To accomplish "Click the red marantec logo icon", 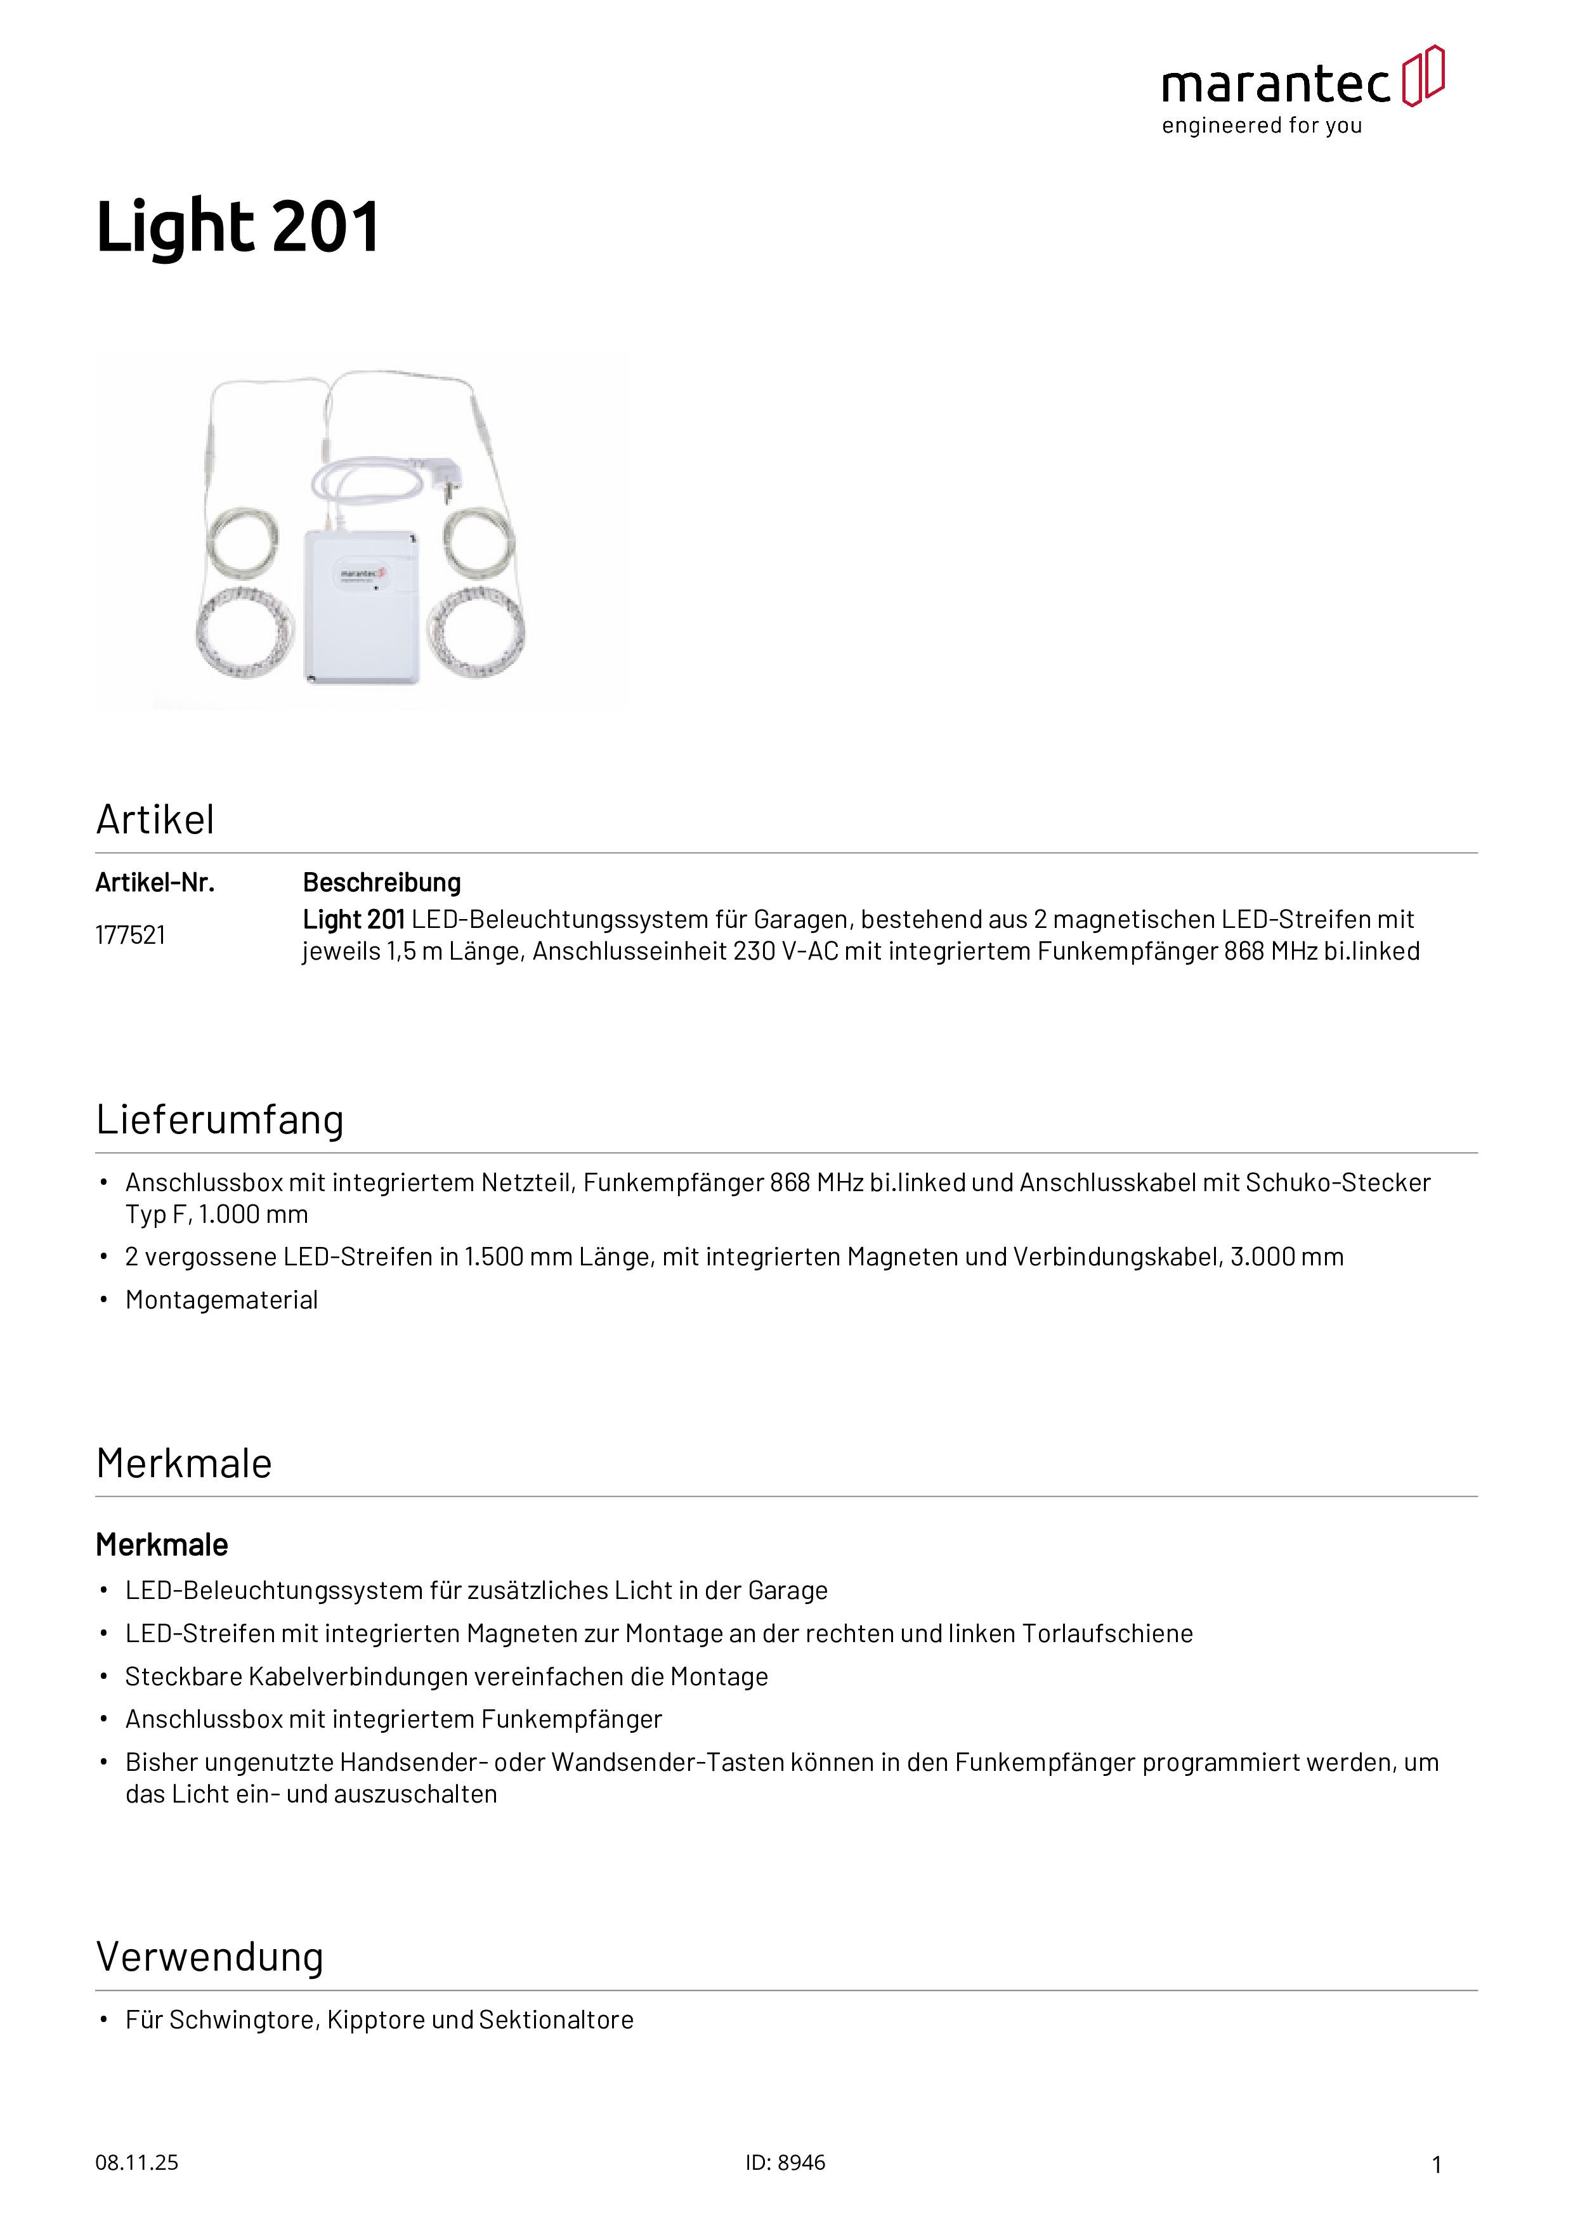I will pos(1423,75).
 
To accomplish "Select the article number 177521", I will pos(130,935).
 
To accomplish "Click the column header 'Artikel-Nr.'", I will pos(155,883).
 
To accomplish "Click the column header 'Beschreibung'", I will pos(382,883).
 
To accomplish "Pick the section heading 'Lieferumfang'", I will pos(220,1119).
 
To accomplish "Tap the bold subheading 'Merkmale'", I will pos(162,1544).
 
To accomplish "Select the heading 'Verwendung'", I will pos(209,1957).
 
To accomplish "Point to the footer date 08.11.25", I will pos(136,2162).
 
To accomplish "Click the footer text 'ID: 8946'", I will pos(785,2162).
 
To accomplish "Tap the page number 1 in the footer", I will pos(1437,2164).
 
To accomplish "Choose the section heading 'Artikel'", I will pos(155,820).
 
